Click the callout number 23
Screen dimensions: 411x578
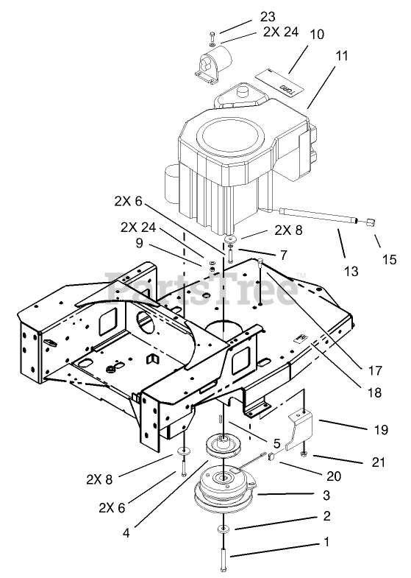point(268,17)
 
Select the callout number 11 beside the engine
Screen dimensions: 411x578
point(341,56)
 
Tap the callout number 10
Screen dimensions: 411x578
point(316,34)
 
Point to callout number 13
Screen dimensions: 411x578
point(351,271)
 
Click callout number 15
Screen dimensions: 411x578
point(389,259)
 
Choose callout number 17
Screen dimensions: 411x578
point(375,370)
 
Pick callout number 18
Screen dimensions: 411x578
point(374,392)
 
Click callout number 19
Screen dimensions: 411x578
point(381,429)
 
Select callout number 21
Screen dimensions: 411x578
point(378,462)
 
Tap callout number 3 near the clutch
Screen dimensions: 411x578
point(326,495)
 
